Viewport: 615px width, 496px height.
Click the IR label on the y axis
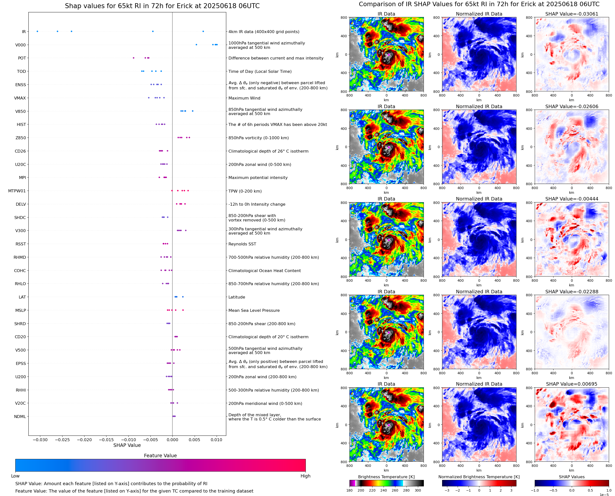pyautogui.click(x=24, y=32)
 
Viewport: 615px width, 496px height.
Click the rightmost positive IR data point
pyautogui.click(x=203, y=31)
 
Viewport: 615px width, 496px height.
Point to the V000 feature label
pyautogui.click(x=20, y=45)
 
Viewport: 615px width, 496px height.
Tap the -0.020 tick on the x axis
pyautogui.click(x=84, y=440)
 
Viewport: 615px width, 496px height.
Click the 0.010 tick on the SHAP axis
pyautogui.click(x=216, y=440)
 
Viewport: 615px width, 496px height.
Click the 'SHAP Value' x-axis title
pyautogui.click(x=127, y=445)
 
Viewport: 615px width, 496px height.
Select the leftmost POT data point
pyautogui.click(x=133, y=58)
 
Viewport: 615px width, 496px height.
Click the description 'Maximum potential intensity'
pyautogui.click(x=258, y=178)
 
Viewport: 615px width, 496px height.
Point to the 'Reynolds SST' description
pyautogui.click(x=242, y=244)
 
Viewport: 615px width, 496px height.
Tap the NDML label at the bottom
pyautogui.click(x=20, y=417)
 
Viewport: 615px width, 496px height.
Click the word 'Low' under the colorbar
pyautogui.click(x=15, y=476)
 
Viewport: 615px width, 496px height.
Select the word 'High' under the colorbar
pyautogui.click(x=305, y=476)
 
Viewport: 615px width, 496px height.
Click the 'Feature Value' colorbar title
pyautogui.click(x=160, y=456)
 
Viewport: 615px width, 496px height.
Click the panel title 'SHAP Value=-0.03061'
pyautogui.click(x=572, y=14)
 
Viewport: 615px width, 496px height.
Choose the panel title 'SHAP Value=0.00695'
pyautogui.click(x=572, y=384)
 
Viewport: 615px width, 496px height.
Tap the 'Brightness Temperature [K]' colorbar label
pyautogui.click(x=386, y=477)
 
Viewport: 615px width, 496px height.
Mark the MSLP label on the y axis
pyautogui.click(x=20, y=310)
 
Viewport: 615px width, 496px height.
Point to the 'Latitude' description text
pyautogui.click(x=237, y=297)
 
